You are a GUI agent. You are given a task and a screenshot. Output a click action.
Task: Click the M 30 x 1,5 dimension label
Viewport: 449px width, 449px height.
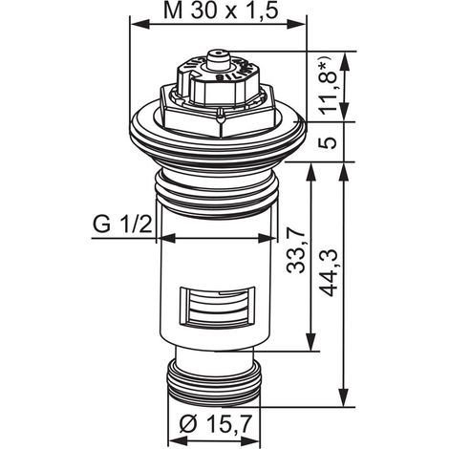[x=221, y=11]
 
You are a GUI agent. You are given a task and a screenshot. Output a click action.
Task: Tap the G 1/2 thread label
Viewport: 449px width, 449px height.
[x=121, y=224]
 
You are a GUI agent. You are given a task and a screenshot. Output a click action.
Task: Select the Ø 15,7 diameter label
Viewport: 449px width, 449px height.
[x=215, y=425]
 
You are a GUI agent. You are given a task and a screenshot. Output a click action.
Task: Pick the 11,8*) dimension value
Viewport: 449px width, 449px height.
[x=328, y=86]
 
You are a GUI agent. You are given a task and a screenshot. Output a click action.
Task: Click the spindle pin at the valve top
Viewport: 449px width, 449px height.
[x=218, y=59]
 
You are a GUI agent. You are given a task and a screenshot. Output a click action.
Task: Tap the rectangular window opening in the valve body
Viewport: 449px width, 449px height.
[x=218, y=306]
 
